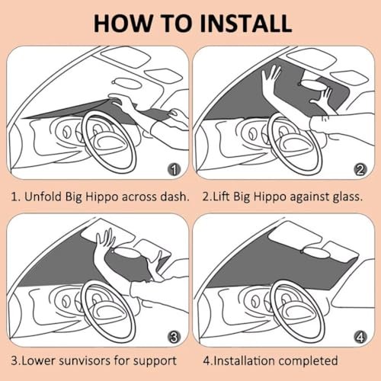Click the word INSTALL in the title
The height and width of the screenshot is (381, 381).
click(245, 24)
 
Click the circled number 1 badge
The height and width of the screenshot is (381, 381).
click(174, 169)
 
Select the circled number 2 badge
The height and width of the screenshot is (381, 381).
click(360, 169)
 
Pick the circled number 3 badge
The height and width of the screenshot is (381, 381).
click(174, 337)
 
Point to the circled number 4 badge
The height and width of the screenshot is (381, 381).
click(360, 337)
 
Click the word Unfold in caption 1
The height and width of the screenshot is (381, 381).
click(43, 197)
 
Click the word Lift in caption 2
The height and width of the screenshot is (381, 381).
click(222, 197)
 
